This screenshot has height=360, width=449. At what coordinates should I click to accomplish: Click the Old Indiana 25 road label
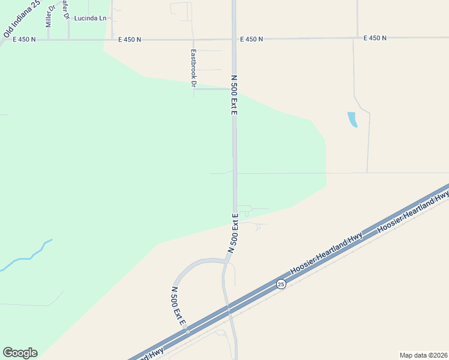point(21,20)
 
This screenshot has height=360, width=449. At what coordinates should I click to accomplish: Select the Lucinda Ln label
point(90,18)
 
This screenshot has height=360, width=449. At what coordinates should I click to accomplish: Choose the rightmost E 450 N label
point(375,38)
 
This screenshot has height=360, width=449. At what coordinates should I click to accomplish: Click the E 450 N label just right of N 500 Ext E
point(252,39)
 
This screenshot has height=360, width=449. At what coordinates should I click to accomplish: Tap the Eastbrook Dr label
point(193,68)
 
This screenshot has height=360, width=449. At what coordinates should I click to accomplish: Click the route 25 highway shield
point(281,283)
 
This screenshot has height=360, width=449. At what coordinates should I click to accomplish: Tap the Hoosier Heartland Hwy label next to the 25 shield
point(327,253)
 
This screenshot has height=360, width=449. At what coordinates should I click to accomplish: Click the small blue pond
point(352,119)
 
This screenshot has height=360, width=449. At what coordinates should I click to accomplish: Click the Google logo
point(20,353)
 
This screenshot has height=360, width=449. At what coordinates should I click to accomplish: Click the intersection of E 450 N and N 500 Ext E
point(234,40)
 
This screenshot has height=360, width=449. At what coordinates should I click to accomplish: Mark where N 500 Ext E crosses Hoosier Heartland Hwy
point(228,308)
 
